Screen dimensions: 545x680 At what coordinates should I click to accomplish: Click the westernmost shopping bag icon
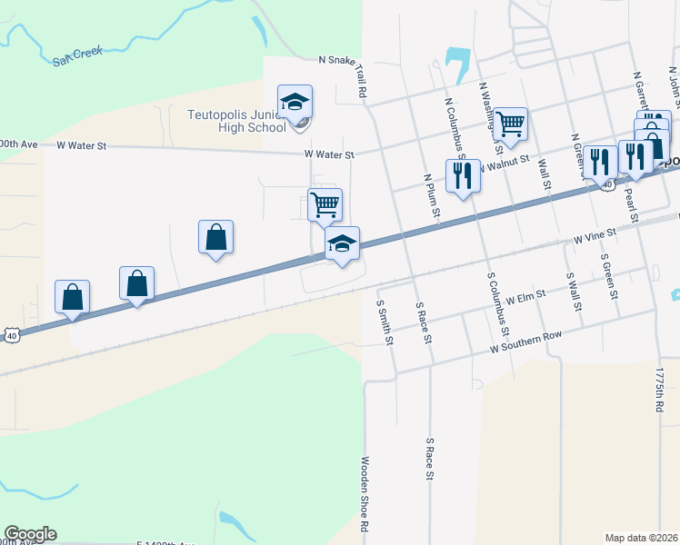click(x=72, y=296)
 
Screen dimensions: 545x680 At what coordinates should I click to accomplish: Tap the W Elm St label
click(x=525, y=296)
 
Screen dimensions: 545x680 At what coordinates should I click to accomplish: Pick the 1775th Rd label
click(x=660, y=391)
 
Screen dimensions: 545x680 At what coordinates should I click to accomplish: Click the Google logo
click(x=30, y=534)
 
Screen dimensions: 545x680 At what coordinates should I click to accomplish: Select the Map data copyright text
click(x=642, y=537)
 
